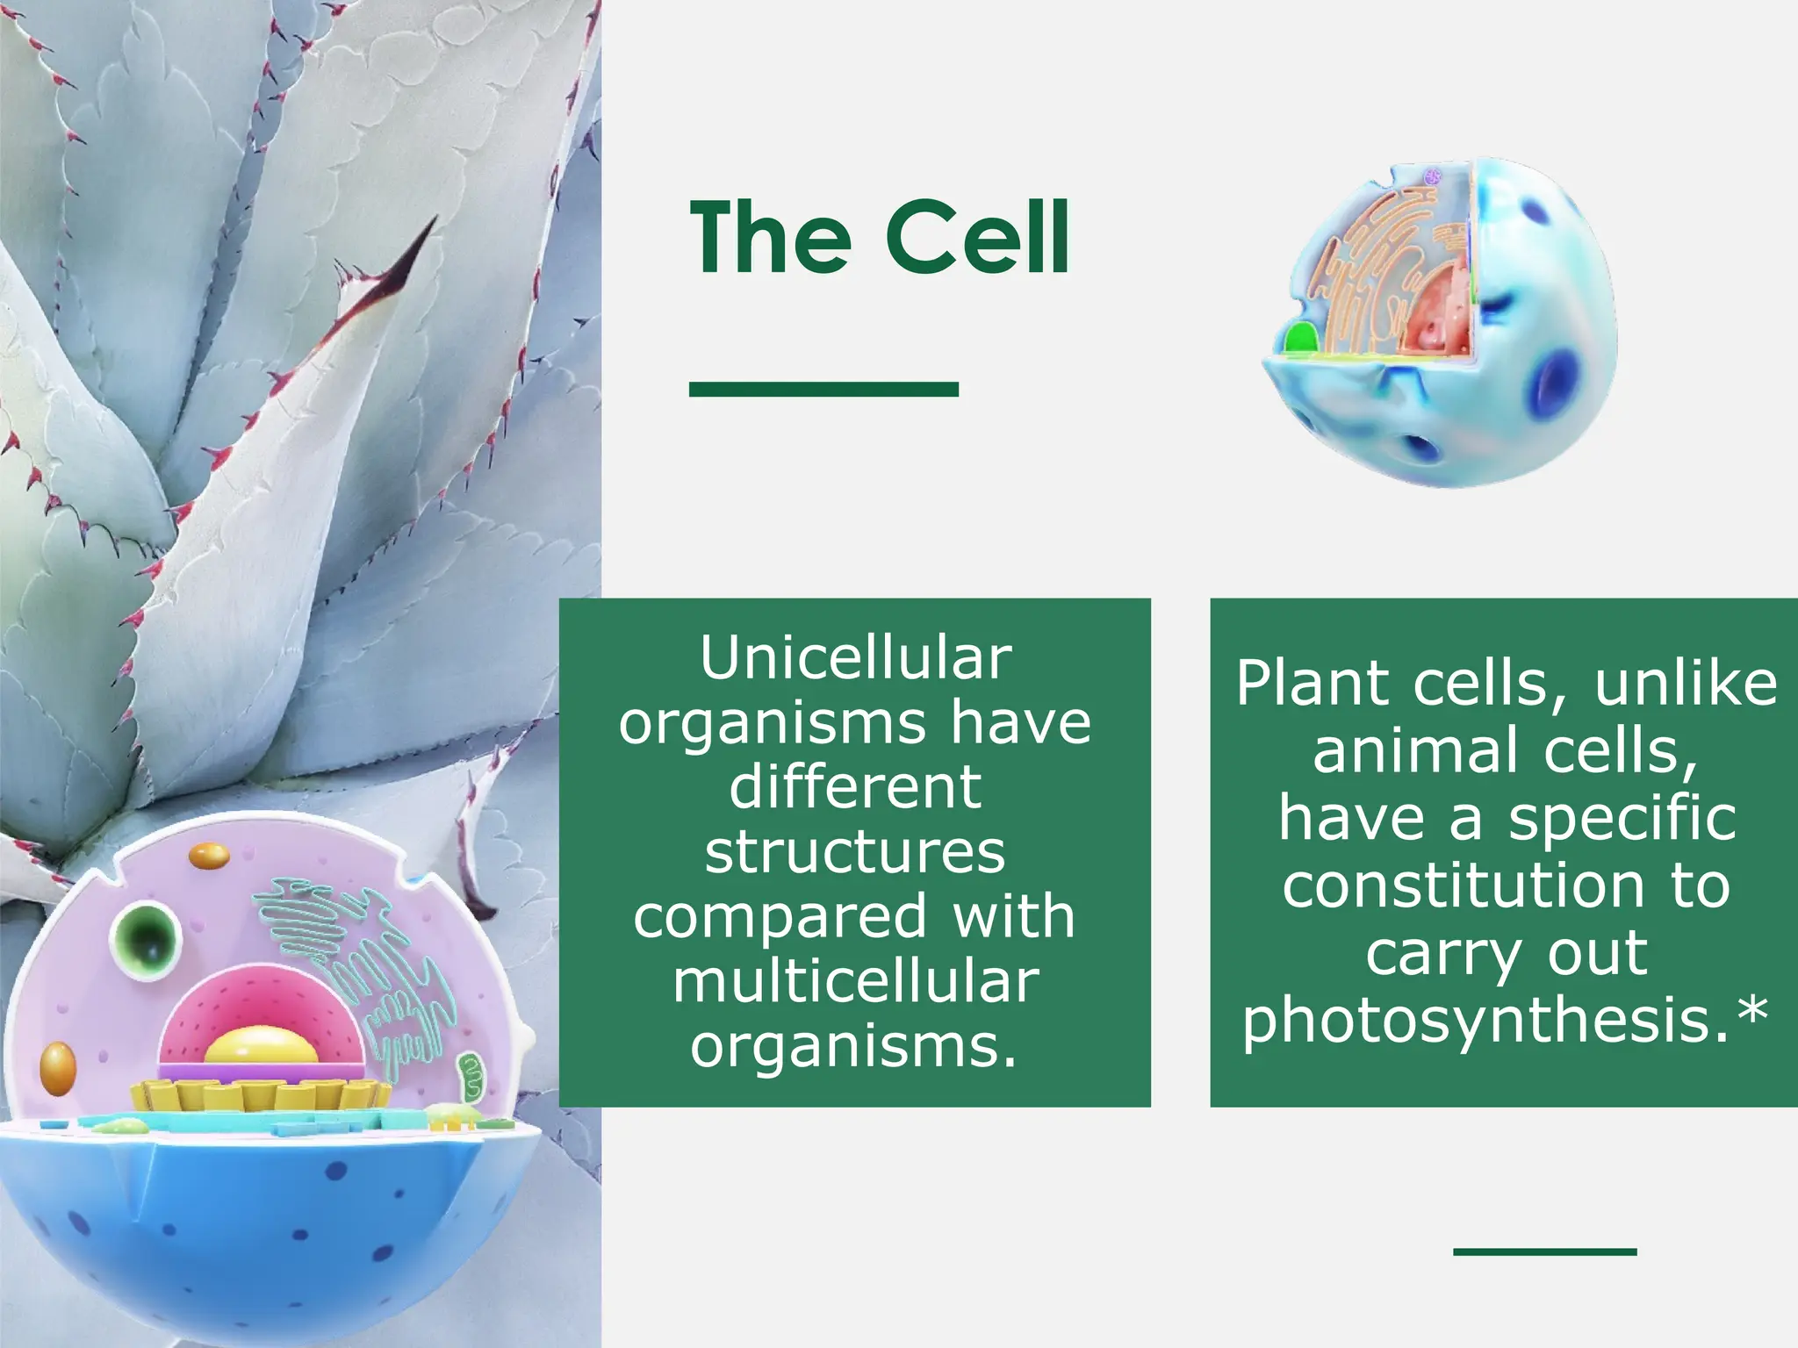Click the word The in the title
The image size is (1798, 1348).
[770, 237]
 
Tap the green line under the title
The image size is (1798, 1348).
[823, 389]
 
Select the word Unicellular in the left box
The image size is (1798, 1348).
[855, 658]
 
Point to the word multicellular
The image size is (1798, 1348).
[856, 981]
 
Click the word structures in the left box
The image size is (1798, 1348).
[854, 852]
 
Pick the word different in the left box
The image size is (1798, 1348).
[854, 787]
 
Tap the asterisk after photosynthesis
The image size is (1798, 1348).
[1752, 1012]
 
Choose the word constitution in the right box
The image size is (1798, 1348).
[1463, 886]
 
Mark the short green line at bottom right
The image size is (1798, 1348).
[1544, 1251]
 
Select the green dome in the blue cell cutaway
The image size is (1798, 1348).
[1301, 340]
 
